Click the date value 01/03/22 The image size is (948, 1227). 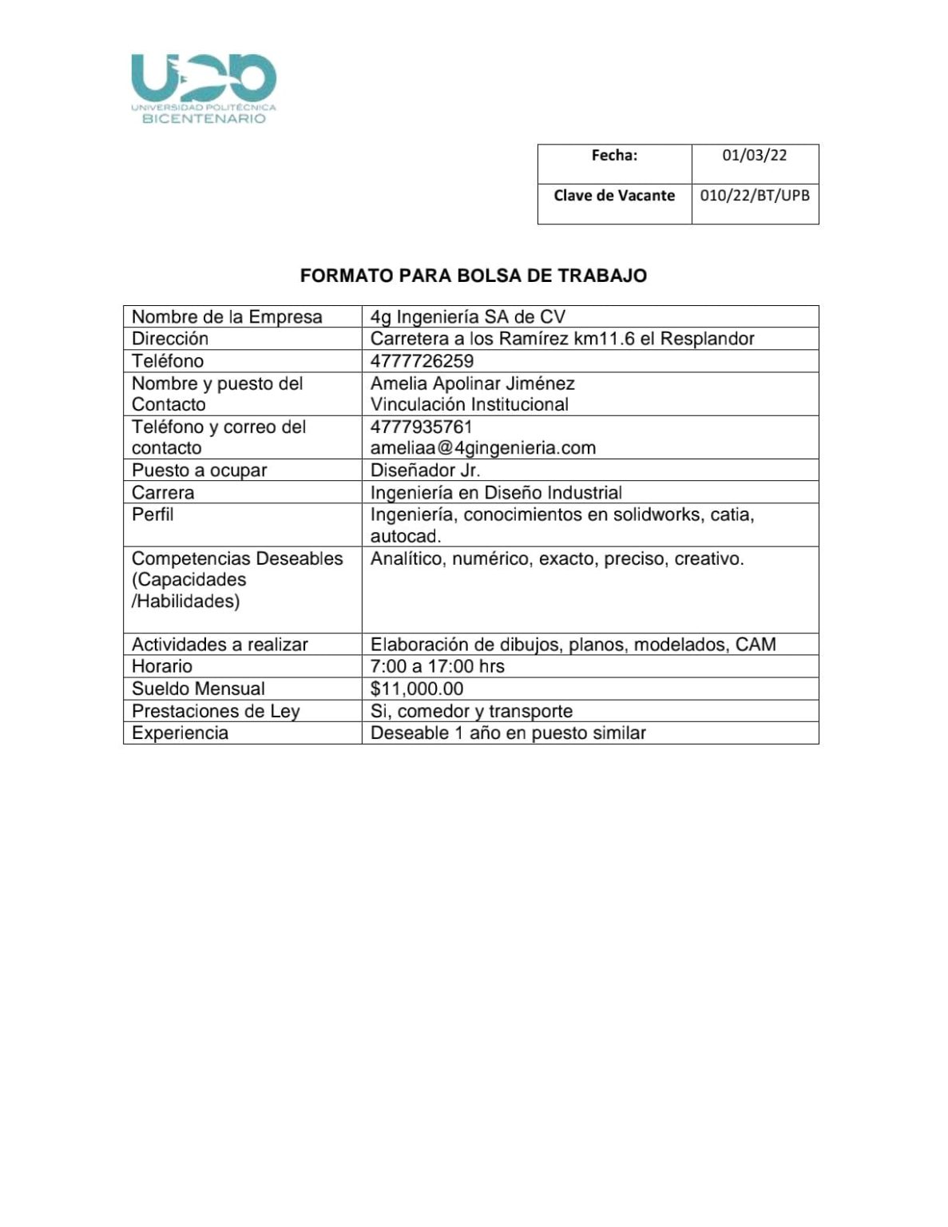click(x=754, y=156)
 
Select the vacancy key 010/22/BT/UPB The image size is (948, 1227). click(x=754, y=196)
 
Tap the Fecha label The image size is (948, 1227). click(x=614, y=156)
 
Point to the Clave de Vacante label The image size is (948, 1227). click(x=614, y=196)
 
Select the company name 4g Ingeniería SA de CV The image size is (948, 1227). click(x=467, y=317)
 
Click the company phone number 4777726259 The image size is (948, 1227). click(x=422, y=361)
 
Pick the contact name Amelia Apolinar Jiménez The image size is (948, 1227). click(x=472, y=383)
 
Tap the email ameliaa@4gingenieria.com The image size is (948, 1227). click(x=482, y=448)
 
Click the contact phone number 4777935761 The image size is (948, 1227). click(x=422, y=427)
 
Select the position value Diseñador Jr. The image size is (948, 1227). click(x=425, y=471)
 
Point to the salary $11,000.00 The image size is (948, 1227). click(x=416, y=689)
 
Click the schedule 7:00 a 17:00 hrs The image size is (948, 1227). click(x=437, y=666)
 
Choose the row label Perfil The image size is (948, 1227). click(x=153, y=514)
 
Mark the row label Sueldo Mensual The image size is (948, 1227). click(x=198, y=689)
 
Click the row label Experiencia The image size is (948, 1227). click(x=180, y=733)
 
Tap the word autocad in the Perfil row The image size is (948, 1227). click(x=405, y=536)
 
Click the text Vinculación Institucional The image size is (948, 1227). click(x=469, y=405)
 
